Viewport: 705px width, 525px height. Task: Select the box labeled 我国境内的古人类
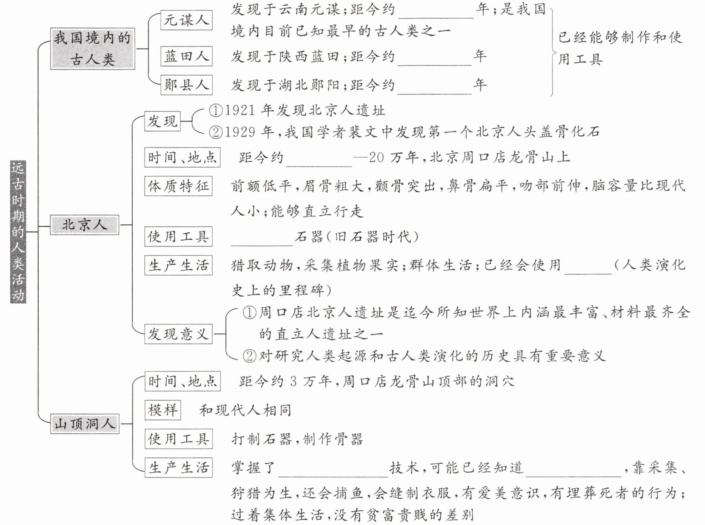click(92, 48)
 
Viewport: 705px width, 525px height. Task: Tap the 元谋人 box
click(186, 20)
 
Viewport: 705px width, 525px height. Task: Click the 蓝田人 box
click(186, 56)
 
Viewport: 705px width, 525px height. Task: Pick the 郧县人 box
click(186, 85)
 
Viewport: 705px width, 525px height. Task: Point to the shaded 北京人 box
click(84, 225)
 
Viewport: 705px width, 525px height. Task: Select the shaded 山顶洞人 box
click(85, 424)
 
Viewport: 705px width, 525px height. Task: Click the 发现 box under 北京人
click(162, 121)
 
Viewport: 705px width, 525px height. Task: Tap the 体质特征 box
click(178, 186)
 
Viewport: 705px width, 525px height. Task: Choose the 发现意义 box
click(178, 334)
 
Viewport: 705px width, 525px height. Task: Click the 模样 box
click(163, 410)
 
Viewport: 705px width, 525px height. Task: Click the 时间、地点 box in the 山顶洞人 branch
click(182, 381)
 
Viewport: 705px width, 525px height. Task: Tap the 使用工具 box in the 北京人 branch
click(178, 237)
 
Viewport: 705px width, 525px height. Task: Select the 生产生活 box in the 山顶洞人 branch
click(178, 467)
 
